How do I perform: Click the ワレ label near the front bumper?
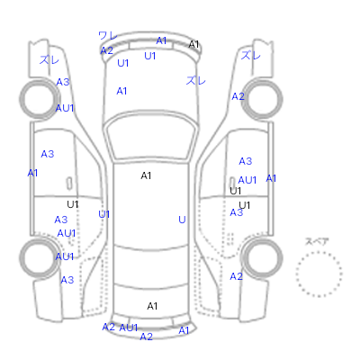point(108,36)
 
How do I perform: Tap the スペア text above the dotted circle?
point(317,241)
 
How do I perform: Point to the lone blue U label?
point(182,220)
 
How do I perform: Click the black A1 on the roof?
point(146,175)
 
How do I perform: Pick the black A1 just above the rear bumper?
point(152,306)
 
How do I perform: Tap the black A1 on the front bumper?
point(193,44)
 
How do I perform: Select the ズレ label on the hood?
point(195,80)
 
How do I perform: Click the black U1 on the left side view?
point(73,204)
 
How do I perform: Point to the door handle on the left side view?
point(69,184)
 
